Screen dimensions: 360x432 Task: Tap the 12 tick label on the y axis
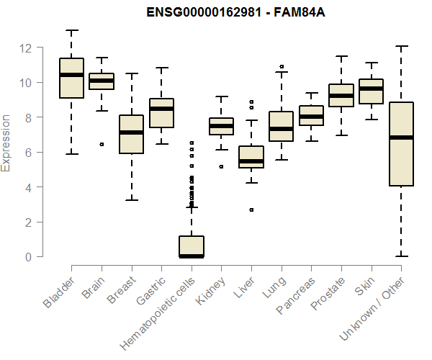(x=26, y=48)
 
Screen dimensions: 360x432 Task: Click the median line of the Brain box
(x=101, y=81)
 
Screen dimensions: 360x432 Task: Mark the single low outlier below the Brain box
(x=101, y=144)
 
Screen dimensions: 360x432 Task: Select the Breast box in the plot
(x=131, y=134)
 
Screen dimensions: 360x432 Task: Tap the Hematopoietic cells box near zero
(x=191, y=246)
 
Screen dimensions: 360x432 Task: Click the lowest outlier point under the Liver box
(x=251, y=210)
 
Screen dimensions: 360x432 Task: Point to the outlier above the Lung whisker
(x=281, y=66)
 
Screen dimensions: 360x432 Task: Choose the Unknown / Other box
(x=400, y=144)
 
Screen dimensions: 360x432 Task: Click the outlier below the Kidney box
(x=221, y=166)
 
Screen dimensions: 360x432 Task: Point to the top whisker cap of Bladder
(x=71, y=30)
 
